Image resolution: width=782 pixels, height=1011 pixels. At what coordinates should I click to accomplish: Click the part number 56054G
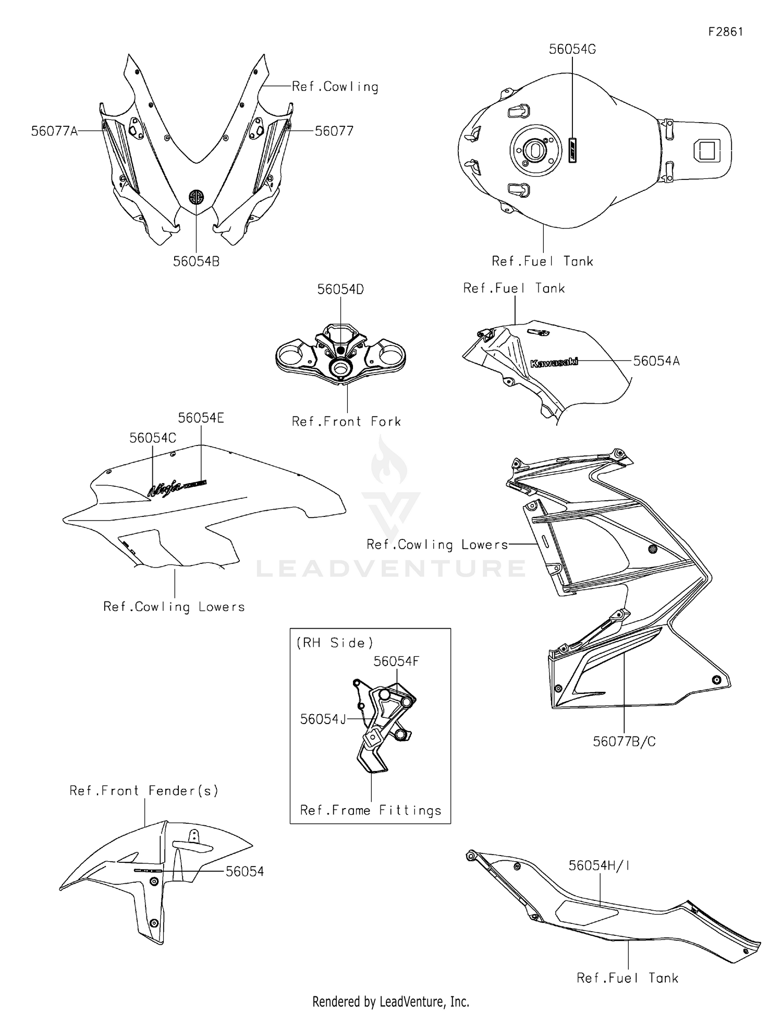pyautogui.click(x=572, y=49)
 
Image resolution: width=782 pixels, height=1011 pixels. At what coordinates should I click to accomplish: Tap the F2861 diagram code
pyautogui.click(x=725, y=32)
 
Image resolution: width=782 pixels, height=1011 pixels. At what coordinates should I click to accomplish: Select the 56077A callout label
pyautogui.click(x=54, y=131)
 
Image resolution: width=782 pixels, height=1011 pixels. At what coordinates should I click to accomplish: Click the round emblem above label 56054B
pyautogui.click(x=197, y=197)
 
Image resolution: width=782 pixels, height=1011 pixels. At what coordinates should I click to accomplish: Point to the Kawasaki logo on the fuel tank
pyautogui.click(x=554, y=362)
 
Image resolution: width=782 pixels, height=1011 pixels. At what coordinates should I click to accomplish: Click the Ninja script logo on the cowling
pyautogui.click(x=166, y=488)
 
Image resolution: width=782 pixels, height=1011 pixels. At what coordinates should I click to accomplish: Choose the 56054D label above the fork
pyautogui.click(x=340, y=289)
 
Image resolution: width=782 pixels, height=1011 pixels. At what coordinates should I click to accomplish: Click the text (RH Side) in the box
pyautogui.click(x=335, y=643)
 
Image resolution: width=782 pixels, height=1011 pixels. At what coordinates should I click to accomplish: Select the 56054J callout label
pyautogui.click(x=323, y=719)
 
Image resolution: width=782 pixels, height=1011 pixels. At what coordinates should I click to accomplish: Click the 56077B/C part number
pyautogui.click(x=624, y=741)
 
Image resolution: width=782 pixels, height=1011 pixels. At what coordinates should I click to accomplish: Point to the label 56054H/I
pyautogui.click(x=599, y=865)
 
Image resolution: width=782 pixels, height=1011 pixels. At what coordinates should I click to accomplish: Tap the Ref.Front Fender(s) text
pyautogui.click(x=144, y=790)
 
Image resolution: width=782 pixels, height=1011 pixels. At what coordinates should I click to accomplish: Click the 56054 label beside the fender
pyautogui.click(x=245, y=871)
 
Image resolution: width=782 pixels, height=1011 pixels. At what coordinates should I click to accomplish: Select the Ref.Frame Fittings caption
pyautogui.click(x=371, y=810)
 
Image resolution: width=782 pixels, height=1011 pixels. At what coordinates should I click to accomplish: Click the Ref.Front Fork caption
pyautogui.click(x=346, y=421)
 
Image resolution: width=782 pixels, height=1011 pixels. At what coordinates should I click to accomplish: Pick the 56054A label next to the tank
pyautogui.click(x=656, y=360)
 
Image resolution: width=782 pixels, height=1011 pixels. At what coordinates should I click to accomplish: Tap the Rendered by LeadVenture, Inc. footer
pyautogui.click(x=390, y=1001)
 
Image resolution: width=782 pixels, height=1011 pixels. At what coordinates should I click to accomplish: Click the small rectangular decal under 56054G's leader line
pyautogui.click(x=572, y=151)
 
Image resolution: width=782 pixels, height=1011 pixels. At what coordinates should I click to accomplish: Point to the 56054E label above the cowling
pyautogui.click(x=201, y=418)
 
